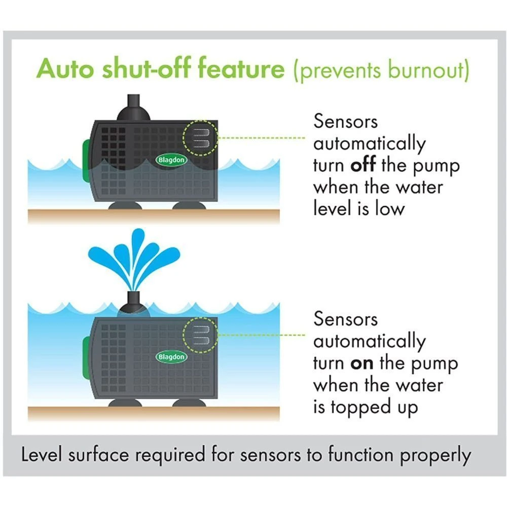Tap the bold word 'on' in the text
point(362,364)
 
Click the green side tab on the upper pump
point(85,161)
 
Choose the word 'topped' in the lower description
point(360,408)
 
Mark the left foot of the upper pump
point(123,205)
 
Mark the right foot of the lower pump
point(189,403)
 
